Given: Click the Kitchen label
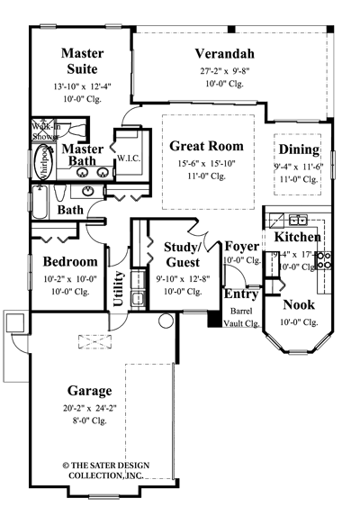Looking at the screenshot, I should pyautogui.click(x=297, y=237).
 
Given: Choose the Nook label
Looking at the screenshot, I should pyautogui.click(x=299, y=305).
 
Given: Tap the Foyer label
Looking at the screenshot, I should pyautogui.click(x=242, y=246).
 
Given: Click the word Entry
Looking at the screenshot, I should pyautogui.click(x=241, y=294).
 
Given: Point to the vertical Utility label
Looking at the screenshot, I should pyautogui.click(x=118, y=289).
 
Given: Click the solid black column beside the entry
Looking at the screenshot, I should pyautogui.click(x=214, y=319).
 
